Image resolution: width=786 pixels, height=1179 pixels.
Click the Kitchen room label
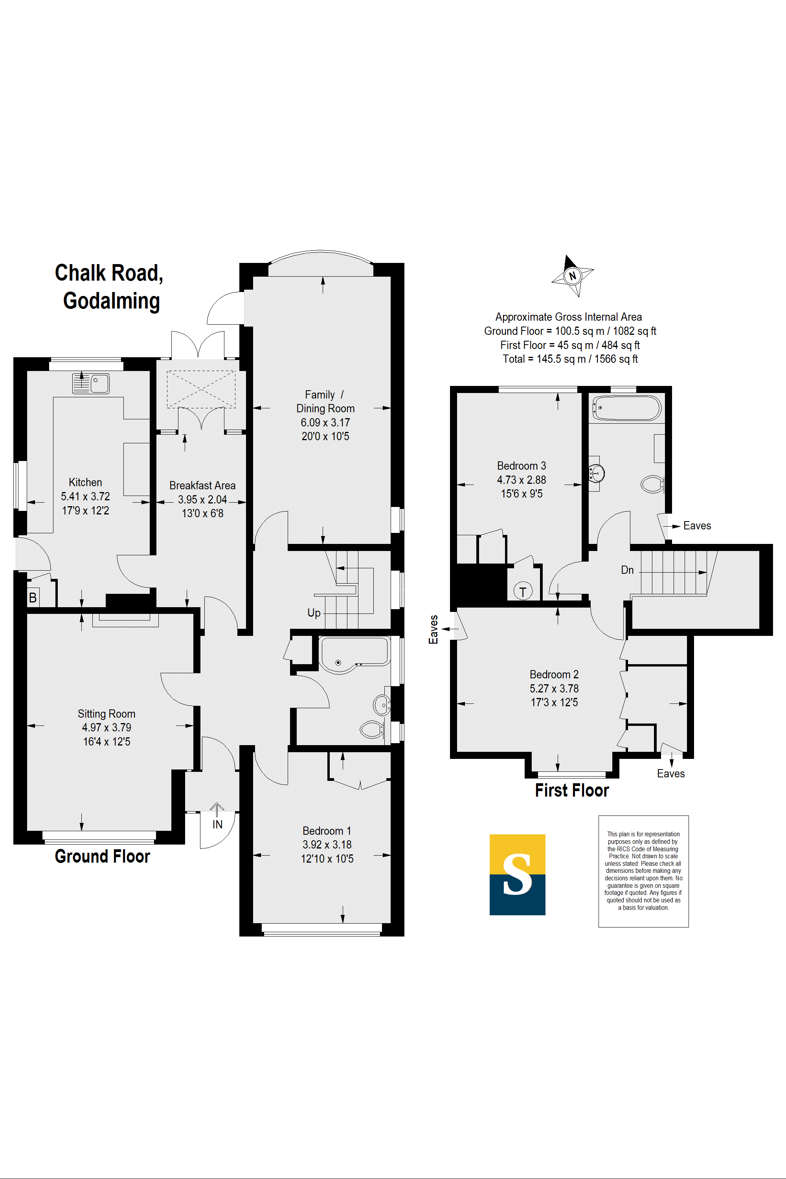pyautogui.click(x=85, y=482)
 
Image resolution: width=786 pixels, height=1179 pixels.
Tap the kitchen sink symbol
pyautogui.click(x=91, y=384)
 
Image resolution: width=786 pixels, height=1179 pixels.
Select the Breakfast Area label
pyautogui.click(x=202, y=485)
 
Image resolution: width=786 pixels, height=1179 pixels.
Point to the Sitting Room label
pyautogui.click(x=106, y=713)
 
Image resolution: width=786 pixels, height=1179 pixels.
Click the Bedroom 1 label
pyautogui.click(x=327, y=831)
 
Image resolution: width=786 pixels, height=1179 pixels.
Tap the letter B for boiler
pyautogui.click(x=33, y=597)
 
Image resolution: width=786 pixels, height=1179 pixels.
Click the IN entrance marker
pyautogui.click(x=217, y=824)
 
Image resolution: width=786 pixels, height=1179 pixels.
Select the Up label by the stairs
pyautogui.click(x=314, y=613)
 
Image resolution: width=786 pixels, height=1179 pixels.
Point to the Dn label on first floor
pyautogui.click(x=627, y=570)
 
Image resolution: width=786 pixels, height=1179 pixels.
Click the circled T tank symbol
pyautogui.click(x=523, y=591)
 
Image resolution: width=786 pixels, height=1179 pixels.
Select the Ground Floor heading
pyautogui.click(x=102, y=856)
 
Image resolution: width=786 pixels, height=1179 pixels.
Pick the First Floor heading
pyautogui.click(x=571, y=790)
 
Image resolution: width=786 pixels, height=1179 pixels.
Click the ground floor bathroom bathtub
pyautogui.click(x=354, y=653)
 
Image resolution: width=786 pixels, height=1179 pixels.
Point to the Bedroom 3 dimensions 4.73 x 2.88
pyautogui.click(x=522, y=480)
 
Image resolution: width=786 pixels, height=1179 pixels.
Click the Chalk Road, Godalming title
pyautogui.click(x=109, y=287)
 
